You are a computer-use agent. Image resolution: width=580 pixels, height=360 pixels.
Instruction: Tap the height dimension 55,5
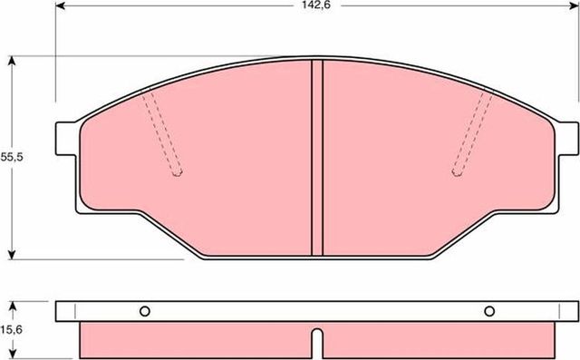(11, 157)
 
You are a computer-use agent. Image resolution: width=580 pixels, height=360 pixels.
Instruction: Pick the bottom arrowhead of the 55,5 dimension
(12, 255)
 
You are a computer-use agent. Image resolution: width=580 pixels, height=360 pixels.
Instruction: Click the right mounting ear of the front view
(564, 137)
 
